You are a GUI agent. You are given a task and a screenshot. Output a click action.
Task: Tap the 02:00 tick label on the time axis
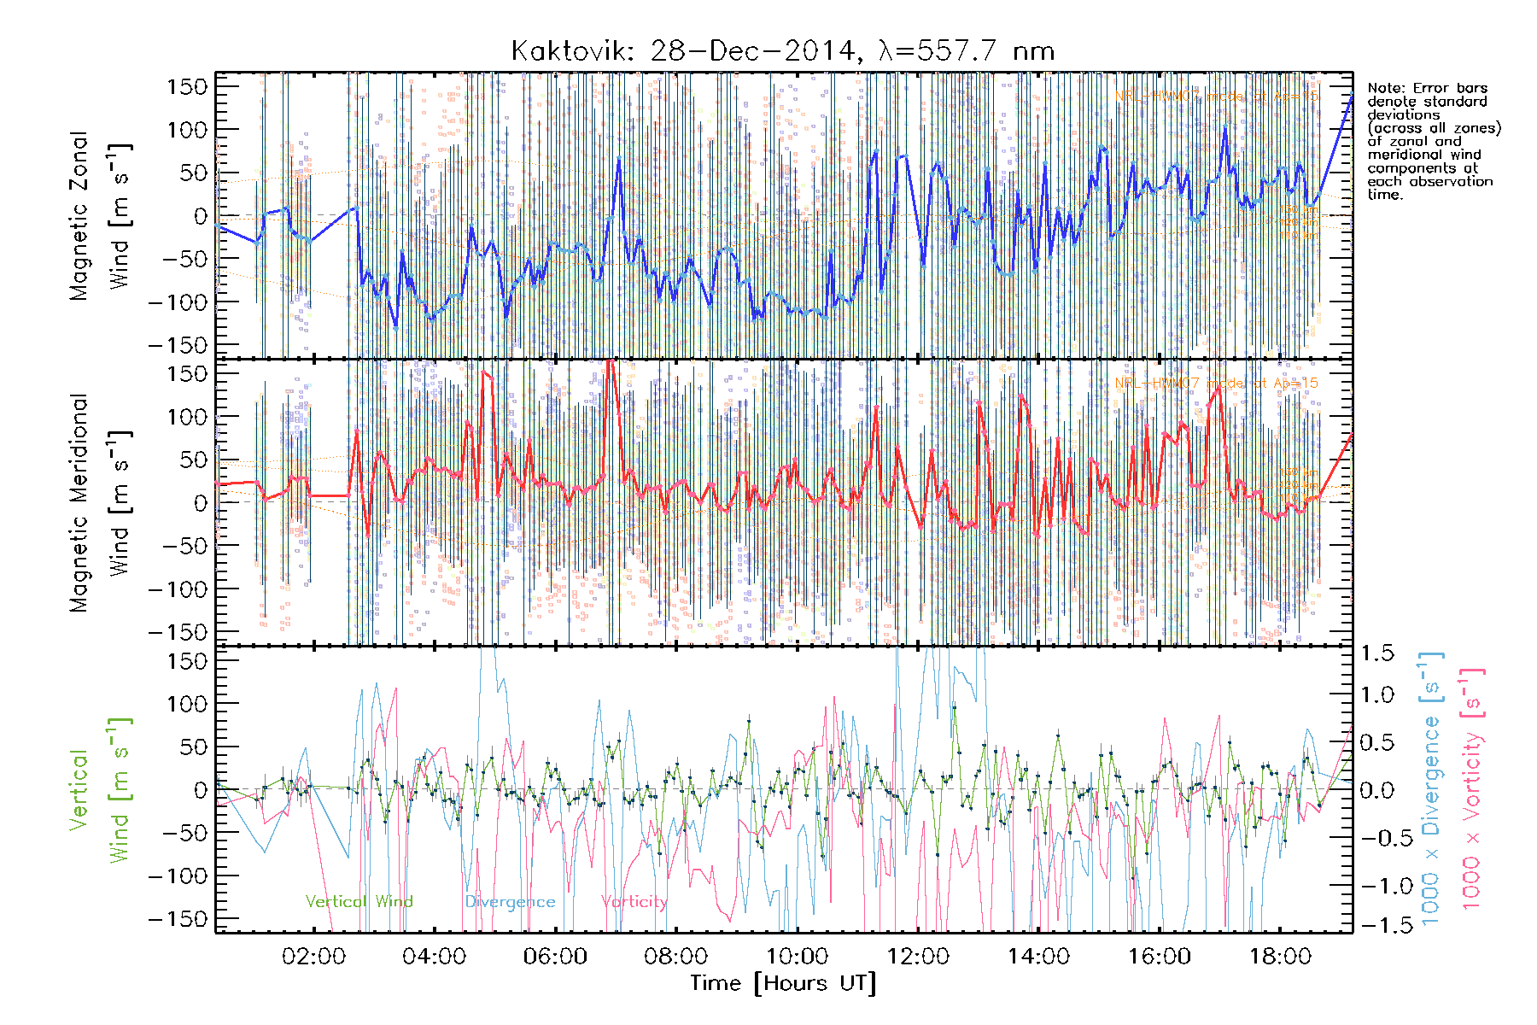click(x=313, y=956)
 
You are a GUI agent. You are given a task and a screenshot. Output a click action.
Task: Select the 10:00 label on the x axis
click(x=797, y=956)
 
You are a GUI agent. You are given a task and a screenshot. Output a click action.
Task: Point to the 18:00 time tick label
click(x=1280, y=956)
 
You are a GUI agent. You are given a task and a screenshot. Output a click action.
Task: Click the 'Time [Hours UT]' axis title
click(x=783, y=983)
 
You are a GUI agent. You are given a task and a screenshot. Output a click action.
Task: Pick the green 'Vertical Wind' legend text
click(x=359, y=901)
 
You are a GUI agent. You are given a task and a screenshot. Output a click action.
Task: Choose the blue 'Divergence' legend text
click(x=510, y=902)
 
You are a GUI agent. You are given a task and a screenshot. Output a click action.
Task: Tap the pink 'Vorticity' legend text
click(x=634, y=901)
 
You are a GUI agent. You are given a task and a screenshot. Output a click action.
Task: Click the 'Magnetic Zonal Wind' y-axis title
click(x=100, y=215)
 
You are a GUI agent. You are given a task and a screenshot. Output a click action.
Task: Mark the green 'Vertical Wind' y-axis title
click(x=100, y=790)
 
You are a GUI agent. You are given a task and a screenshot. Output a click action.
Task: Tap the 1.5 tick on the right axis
click(x=1376, y=653)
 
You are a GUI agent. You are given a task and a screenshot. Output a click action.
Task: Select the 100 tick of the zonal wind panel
click(x=187, y=130)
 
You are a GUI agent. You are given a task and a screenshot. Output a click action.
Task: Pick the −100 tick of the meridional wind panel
click(x=178, y=589)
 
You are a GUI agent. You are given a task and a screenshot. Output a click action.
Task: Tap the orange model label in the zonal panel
click(x=1216, y=96)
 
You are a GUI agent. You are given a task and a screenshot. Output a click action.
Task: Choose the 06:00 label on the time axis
click(x=555, y=956)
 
